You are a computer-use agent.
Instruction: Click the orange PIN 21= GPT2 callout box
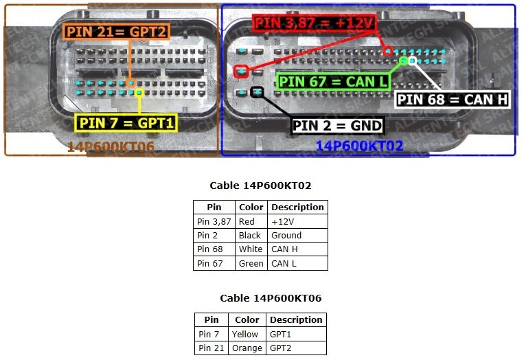pos(116,32)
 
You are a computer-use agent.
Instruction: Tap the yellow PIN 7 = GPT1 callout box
pos(126,123)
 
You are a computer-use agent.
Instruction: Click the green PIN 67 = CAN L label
pos(333,82)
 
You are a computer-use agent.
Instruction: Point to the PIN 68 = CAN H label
pos(453,100)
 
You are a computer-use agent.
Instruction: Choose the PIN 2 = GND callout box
pos(337,126)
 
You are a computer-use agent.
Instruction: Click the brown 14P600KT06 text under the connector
pos(111,146)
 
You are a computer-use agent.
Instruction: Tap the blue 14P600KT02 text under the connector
pos(359,146)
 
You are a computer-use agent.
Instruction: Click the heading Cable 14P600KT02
pos(260,185)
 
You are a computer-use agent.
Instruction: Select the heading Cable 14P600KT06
pos(271,298)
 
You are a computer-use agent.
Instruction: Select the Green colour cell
pos(251,263)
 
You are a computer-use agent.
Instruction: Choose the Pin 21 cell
pos(211,348)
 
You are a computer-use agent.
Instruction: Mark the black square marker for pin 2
pos(257,92)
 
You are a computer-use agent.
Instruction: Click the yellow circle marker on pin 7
pos(139,93)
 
